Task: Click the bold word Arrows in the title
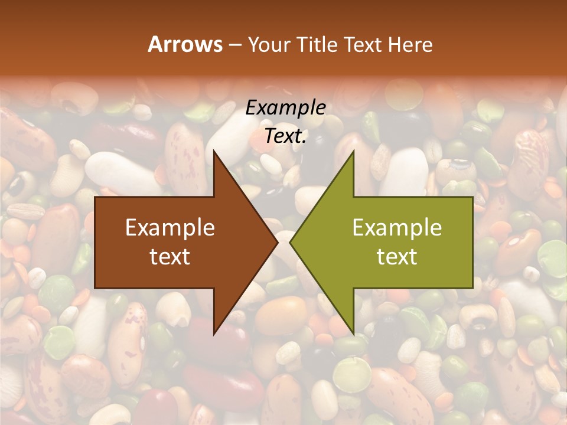pos(185,44)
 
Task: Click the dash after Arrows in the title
pos(234,45)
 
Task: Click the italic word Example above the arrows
pos(285,108)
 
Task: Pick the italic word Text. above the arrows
pos(285,136)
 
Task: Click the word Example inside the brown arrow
pos(170,228)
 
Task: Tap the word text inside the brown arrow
pos(170,257)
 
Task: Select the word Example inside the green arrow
pos(397,228)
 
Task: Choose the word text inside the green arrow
pos(397,257)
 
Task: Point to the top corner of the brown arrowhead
pos(214,151)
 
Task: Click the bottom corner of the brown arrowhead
pos(214,335)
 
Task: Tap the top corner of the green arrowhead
pos(353,151)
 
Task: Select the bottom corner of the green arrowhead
pos(353,335)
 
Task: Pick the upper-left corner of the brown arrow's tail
pos(95,197)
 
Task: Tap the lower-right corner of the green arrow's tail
pos(472,288)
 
